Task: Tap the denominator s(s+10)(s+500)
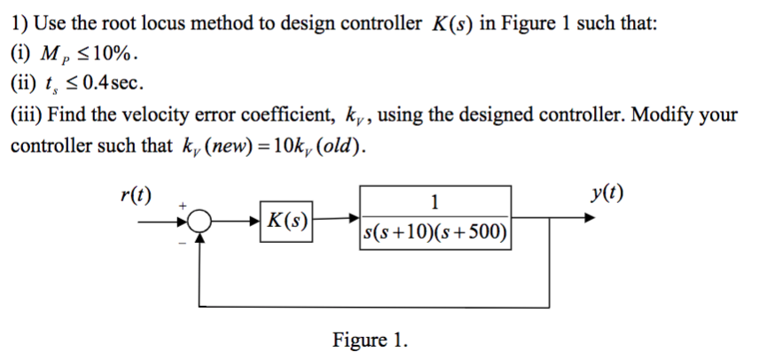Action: click(434, 233)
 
